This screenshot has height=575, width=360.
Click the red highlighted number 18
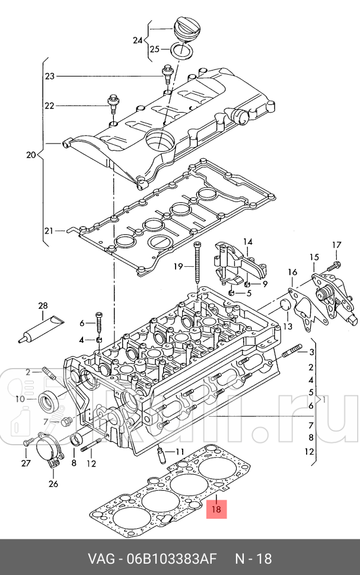pos(216,509)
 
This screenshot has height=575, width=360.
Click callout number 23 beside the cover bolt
pos(50,76)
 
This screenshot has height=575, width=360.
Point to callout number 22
pos(50,106)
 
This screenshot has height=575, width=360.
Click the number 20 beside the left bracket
pos(31,155)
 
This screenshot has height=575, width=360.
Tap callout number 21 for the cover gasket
pos(49,231)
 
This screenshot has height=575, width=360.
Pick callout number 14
pos(248,242)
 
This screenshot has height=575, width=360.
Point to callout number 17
pos(337,245)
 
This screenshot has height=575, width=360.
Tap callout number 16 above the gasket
pos(292,272)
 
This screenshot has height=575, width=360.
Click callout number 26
pos(53,484)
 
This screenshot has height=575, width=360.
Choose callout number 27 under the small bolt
pos(26,463)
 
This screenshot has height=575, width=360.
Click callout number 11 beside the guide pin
pos(180,451)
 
